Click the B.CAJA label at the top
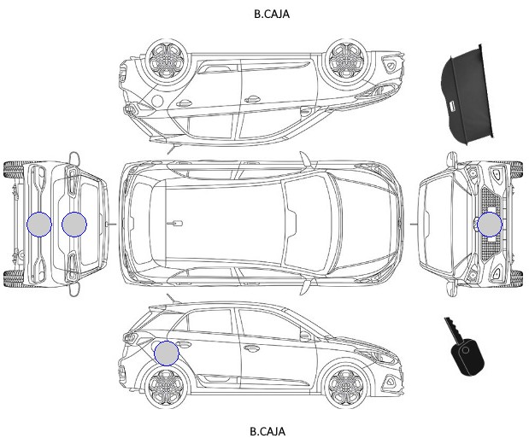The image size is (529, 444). (x=272, y=14)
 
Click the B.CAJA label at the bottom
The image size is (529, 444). (x=267, y=431)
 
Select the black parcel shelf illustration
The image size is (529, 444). (x=467, y=95)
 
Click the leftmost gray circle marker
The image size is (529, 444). (x=39, y=225)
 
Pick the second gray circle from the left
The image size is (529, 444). (x=74, y=225)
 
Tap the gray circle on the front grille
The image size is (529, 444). (x=490, y=225)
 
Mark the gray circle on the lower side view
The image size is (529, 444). (x=167, y=353)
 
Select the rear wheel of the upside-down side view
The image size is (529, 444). (x=167, y=61)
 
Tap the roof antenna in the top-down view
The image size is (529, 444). (x=175, y=223)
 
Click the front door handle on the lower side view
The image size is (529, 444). (x=250, y=348)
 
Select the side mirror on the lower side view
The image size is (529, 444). (x=305, y=336)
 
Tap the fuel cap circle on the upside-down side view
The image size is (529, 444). (x=157, y=101)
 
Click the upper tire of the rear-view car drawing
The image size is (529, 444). (x=13, y=170)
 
